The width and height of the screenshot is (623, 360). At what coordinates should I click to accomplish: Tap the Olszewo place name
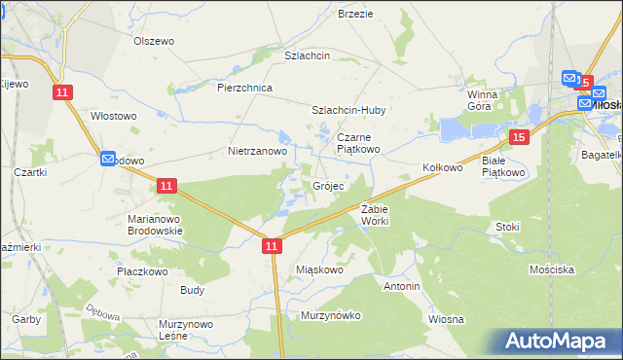coord(153,41)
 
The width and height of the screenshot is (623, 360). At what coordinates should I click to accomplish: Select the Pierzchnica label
coord(244,88)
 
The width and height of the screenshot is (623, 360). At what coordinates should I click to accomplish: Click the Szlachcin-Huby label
coord(348,111)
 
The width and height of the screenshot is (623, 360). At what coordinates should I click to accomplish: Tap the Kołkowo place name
coord(442,167)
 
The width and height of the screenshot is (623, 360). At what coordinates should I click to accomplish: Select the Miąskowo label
coord(319,270)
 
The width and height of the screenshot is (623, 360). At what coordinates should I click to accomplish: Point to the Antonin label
coord(401,287)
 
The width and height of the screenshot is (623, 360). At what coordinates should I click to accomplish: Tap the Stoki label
coord(507,227)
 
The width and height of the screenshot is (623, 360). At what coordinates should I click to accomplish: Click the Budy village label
coord(192,290)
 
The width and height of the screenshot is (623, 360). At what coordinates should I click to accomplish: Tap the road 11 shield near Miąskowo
coord(272,248)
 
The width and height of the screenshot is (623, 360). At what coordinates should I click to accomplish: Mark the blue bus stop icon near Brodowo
coord(108,159)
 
